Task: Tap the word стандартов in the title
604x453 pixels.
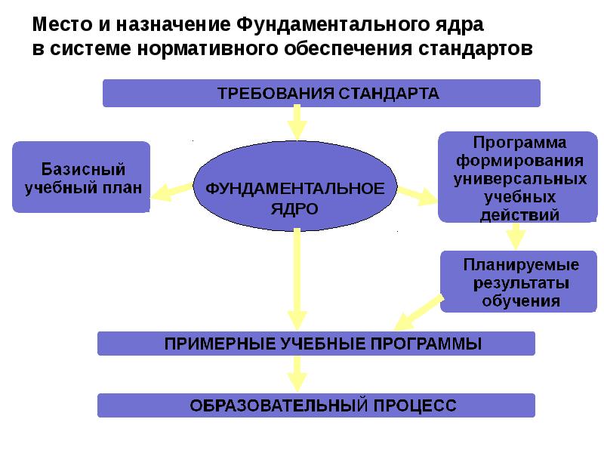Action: tap(475, 48)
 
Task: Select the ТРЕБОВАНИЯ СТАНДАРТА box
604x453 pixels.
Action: tap(321, 94)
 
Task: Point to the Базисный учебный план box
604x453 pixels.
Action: tap(82, 177)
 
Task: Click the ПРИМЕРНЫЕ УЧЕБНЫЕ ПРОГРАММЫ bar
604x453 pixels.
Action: tap(316, 344)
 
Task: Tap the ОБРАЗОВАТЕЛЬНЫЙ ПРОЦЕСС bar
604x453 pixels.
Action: tap(316, 405)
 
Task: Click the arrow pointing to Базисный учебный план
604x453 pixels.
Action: tap(171, 190)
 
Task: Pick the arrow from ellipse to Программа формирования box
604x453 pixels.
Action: tap(417, 195)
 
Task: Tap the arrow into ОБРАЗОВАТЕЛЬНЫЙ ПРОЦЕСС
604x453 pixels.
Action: tap(297, 374)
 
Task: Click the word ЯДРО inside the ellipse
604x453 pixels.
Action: tap(294, 207)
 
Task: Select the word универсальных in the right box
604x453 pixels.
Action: tap(521, 180)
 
